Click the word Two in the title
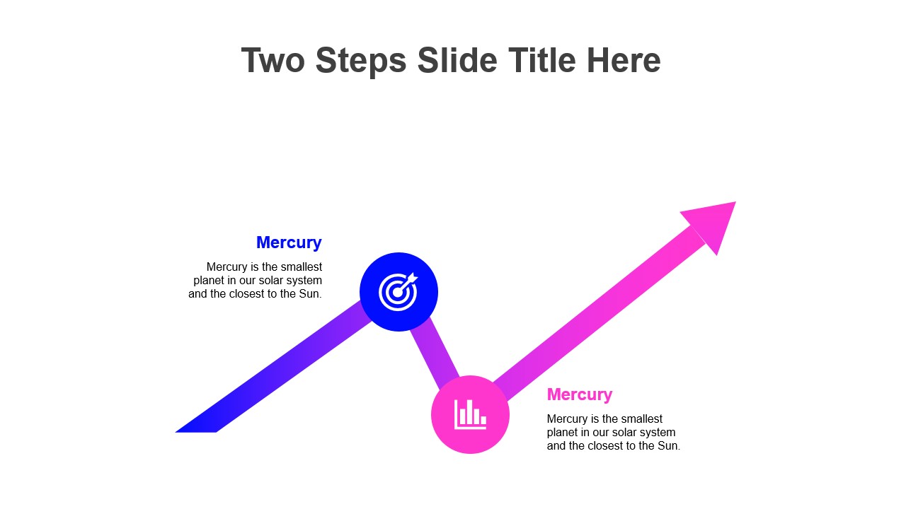[x=273, y=60]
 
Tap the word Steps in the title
[x=361, y=62]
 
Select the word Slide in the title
[x=457, y=60]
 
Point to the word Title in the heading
[x=542, y=60]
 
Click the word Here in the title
[x=624, y=60]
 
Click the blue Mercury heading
[x=289, y=242]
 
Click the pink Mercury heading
[x=580, y=394]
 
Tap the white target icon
[x=398, y=292]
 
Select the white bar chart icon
[x=470, y=414]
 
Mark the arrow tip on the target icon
[x=417, y=275]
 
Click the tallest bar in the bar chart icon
[x=469, y=412]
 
